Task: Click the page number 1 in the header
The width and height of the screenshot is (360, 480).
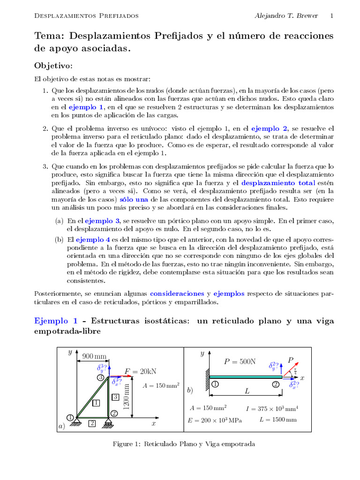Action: coord(332,15)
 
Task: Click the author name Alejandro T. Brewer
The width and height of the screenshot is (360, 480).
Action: coord(286,15)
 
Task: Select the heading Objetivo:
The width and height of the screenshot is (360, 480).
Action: coord(53,65)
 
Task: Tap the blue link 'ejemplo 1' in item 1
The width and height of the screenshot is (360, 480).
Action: coord(86,107)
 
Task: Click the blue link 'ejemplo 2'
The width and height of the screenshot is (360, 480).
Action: coord(270,128)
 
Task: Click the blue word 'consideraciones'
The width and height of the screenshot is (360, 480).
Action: coord(177,294)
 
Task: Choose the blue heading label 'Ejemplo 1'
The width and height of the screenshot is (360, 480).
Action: coord(56,321)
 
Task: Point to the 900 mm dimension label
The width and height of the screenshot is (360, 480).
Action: coord(95,356)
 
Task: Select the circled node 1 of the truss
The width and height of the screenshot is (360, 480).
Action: coord(70,417)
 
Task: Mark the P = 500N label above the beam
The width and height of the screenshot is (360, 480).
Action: coord(240,361)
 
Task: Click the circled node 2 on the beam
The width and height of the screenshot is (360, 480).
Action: coord(276,385)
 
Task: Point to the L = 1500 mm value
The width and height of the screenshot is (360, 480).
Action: coord(278,420)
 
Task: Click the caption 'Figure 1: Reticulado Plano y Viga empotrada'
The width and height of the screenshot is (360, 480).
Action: coord(184,444)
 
